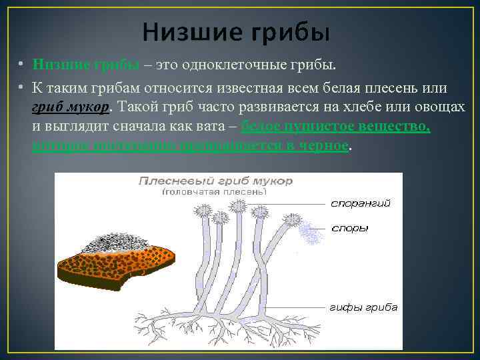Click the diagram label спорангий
pos(361,203)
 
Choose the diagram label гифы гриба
pos(363,307)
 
